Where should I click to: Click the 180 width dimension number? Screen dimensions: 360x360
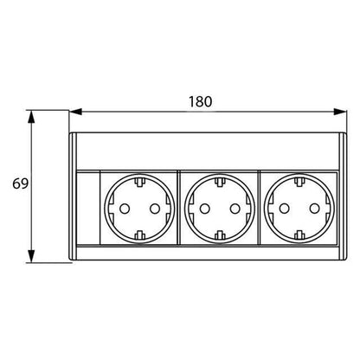click(200, 101)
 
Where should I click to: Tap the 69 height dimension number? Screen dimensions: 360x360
click(21, 183)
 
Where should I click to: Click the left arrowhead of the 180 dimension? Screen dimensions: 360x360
click(76, 112)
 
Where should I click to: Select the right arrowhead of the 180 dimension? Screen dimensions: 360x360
click(339, 112)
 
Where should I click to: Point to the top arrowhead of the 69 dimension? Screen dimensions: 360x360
click(31, 117)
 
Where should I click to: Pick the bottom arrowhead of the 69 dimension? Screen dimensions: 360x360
click(31, 256)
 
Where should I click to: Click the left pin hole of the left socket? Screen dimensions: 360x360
click(125, 209)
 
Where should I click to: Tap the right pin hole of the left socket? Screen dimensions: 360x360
click(155, 209)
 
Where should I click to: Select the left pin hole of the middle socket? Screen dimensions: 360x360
click(205, 209)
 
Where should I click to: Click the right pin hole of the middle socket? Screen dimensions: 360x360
click(235, 209)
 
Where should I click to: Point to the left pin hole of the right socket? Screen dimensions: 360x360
click(285, 209)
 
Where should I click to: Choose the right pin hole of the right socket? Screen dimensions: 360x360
click(315, 209)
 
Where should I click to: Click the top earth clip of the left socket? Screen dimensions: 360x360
click(140, 183)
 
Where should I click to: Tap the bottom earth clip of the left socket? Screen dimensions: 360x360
click(140, 235)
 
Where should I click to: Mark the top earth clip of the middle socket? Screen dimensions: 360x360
click(220, 183)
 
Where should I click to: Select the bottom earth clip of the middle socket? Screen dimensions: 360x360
click(220, 235)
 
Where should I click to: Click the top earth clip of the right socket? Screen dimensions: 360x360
click(299, 183)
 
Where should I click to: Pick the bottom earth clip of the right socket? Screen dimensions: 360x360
click(299, 235)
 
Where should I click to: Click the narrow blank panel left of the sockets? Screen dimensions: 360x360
click(88, 209)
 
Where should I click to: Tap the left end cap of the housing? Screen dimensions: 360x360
click(73, 196)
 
